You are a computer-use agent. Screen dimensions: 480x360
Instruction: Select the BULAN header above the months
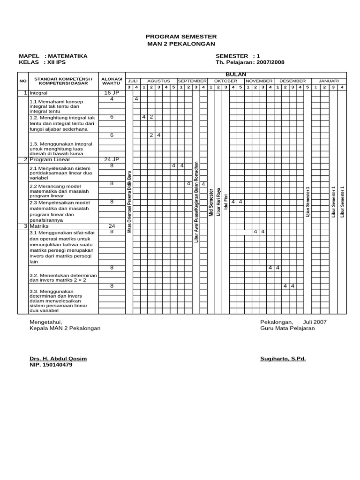point(235,75)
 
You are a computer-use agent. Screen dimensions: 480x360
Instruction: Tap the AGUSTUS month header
point(158,81)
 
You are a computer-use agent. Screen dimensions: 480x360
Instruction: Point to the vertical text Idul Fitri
point(225,201)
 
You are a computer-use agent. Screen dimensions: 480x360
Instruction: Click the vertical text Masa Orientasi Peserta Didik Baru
point(129,202)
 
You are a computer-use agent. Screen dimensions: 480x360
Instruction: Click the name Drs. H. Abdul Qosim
point(58,359)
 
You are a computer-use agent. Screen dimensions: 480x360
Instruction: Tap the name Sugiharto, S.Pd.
point(283,359)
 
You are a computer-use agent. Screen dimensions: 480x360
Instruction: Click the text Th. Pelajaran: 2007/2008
point(250,62)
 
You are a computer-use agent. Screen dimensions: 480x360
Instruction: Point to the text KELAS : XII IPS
point(42,62)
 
